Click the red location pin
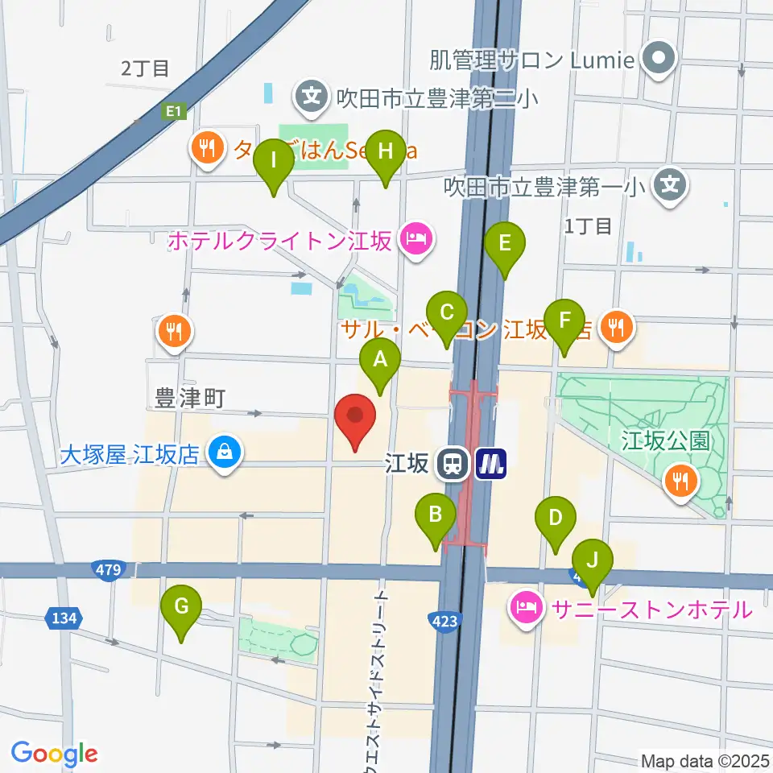[355, 419]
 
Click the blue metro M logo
[490, 463]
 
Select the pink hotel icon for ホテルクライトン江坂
[415, 239]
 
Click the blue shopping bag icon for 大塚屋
[221, 452]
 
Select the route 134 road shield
[64, 618]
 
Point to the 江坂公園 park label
[664, 440]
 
